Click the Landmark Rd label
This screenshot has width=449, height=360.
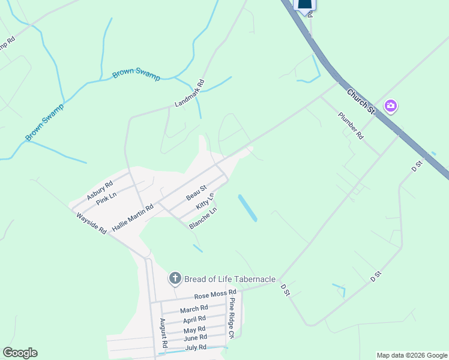click(x=190, y=94)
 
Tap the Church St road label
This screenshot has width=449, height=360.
click(x=361, y=101)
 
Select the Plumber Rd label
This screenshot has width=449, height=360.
click(x=351, y=126)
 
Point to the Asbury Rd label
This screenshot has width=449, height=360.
click(x=100, y=190)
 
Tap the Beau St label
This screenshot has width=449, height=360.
click(x=196, y=193)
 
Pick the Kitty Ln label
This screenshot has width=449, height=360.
click(x=205, y=201)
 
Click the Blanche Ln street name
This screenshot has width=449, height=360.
click(x=202, y=218)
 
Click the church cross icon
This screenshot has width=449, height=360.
click(x=175, y=278)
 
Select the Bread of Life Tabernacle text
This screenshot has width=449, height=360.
click(x=230, y=279)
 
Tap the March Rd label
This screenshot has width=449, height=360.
click(x=193, y=309)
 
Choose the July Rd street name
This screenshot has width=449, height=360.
click(x=196, y=347)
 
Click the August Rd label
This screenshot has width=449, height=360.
click(x=163, y=333)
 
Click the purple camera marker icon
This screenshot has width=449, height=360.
click(x=391, y=106)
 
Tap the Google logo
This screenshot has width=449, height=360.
click(x=20, y=353)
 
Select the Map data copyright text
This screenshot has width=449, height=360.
click(x=412, y=355)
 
